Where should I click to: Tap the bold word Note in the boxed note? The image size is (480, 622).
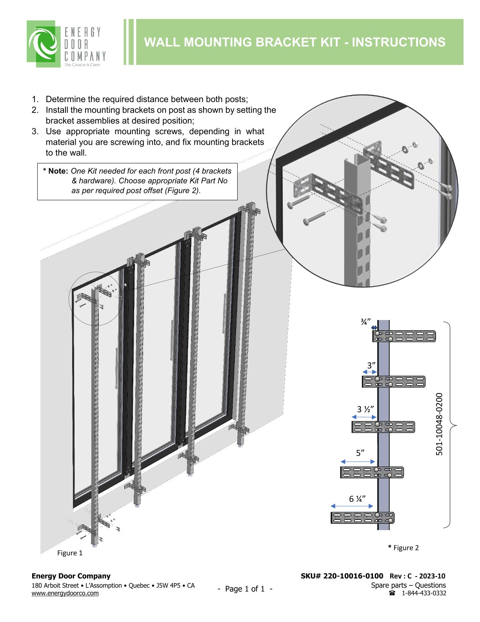[x=58, y=171]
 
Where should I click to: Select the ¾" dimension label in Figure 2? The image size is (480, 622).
[x=366, y=322]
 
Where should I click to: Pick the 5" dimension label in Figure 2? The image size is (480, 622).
[x=360, y=453]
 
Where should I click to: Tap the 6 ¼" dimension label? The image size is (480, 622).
[x=357, y=499]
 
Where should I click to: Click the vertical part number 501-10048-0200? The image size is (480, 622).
[x=439, y=424]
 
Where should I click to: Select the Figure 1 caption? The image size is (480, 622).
[x=70, y=553]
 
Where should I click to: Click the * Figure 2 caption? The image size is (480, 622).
[x=404, y=548]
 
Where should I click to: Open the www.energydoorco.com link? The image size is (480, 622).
[x=65, y=593]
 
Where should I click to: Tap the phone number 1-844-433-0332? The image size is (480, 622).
[x=424, y=593]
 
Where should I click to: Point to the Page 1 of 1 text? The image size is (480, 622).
[x=245, y=589]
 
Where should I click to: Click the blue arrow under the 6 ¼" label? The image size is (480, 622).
[x=352, y=506]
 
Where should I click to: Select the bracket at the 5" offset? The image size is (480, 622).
[x=372, y=472]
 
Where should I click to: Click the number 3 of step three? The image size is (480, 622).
[x=34, y=132]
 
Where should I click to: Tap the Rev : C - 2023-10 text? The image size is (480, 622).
[x=417, y=576]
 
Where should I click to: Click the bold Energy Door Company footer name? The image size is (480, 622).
[x=71, y=576]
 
